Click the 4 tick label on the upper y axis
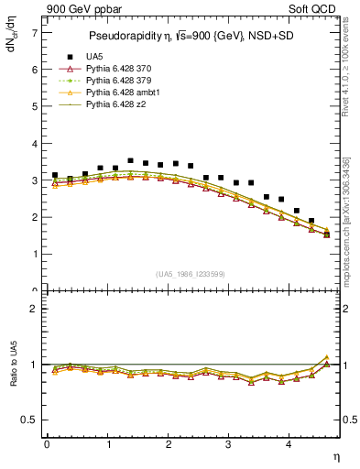point(34,144)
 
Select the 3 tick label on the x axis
point(228,444)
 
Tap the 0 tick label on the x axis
point(47,444)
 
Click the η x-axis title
point(335,455)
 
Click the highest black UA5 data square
point(130,161)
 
